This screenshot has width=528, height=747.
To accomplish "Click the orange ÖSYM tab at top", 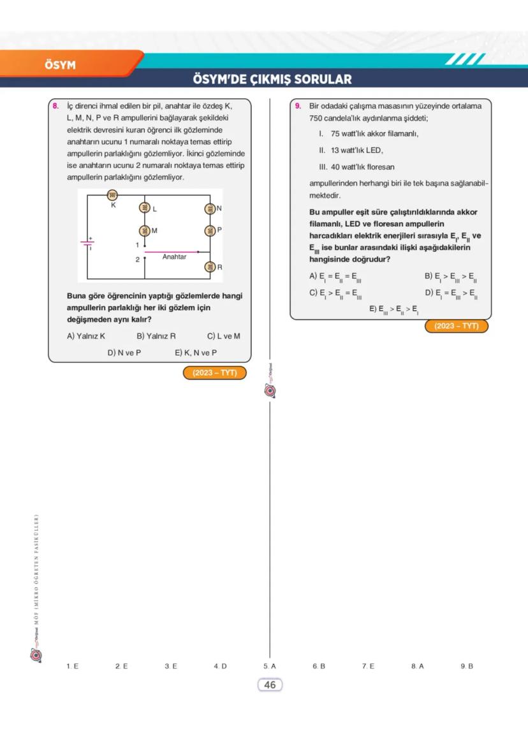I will click(x=61, y=65).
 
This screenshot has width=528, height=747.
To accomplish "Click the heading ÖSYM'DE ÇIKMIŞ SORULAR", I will click(x=272, y=80).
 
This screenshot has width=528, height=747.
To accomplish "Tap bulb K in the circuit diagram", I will click(x=114, y=195).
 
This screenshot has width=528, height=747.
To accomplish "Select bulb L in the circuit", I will click(x=145, y=208).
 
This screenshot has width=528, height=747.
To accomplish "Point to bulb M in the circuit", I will click(x=145, y=230).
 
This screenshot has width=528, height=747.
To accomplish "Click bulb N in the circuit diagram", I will click(x=209, y=209).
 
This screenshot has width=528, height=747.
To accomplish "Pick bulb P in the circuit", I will click(x=209, y=230).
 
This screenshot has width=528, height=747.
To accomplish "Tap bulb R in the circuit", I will click(x=209, y=267).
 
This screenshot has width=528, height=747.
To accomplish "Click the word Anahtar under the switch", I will click(x=174, y=257).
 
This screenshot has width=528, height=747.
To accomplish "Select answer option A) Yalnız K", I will click(x=86, y=336).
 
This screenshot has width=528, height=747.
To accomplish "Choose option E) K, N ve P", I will click(x=196, y=352).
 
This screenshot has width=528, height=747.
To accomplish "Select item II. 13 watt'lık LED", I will click(x=351, y=151).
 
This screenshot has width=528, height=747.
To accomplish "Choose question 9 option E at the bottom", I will click(x=394, y=309).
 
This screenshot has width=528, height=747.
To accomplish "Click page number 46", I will click(x=270, y=684).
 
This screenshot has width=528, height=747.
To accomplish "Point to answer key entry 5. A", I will click(x=269, y=666).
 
